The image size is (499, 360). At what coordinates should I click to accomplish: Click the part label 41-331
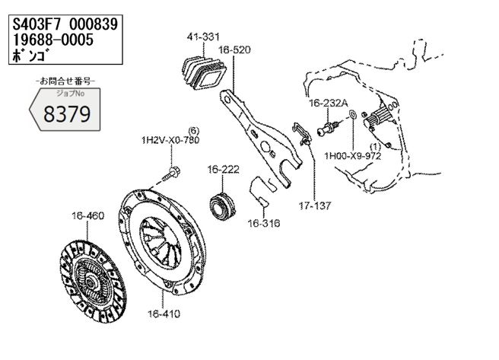pos(203,37)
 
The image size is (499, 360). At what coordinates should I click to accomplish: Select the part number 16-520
pos(234,50)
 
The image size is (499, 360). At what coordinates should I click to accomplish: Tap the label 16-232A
pos(329,104)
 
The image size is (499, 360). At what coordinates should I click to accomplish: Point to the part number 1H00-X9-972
pos(353,156)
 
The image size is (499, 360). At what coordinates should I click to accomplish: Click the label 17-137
pos(315,206)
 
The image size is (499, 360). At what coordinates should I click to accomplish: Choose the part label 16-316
pos(264,223)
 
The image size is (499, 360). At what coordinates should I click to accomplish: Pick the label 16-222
pos(223,169)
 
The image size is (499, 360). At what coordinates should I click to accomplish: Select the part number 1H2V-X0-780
pos(170,140)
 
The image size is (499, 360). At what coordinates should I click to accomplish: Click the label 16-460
pos(87,216)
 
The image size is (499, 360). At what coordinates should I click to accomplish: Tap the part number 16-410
pos(164,314)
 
